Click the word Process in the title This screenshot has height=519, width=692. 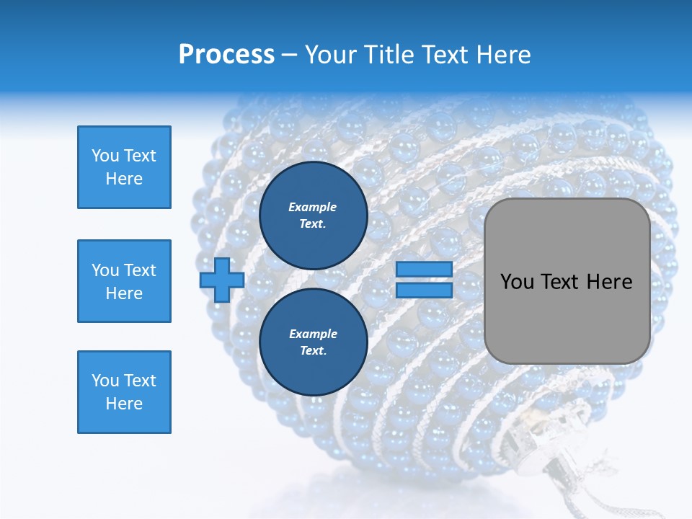coord(226,55)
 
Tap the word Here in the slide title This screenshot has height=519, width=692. coord(504,55)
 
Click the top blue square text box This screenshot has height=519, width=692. coord(124,167)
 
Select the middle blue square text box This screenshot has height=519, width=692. coord(124,281)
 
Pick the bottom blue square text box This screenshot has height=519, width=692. coord(124,392)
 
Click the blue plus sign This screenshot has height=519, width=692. coord(222,280)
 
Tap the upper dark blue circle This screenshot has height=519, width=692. coord(314,216)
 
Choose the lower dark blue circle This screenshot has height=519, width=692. coord(314,342)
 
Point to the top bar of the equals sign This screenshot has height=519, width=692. coord(424,270)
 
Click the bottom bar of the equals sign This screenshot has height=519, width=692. coord(424,290)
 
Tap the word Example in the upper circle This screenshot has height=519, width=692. coord(313,207)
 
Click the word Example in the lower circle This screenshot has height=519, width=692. coord(313,334)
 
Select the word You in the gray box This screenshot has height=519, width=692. coord(517,282)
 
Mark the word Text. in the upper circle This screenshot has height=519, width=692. coord(313,224)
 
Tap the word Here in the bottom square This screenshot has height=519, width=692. coord(124,404)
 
